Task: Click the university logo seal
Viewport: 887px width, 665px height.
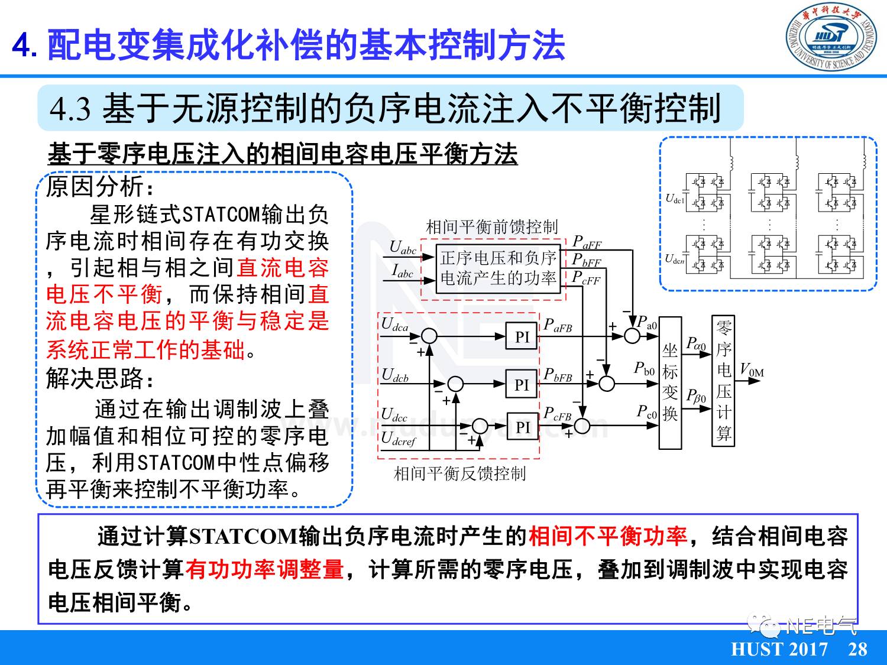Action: coord(831,39)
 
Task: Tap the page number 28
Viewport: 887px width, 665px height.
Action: coord(857,649)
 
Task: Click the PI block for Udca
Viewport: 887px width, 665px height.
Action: coord(522,337)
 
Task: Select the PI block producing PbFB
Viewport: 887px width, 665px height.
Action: coord(522,385)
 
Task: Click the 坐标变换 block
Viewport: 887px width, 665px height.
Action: coord(670,382)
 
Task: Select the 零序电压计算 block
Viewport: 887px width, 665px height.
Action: coord(724,380)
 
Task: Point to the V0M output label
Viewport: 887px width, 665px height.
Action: coord(752,371)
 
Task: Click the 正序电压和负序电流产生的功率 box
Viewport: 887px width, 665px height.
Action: coord(498,268)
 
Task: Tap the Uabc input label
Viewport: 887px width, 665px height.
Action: coord(403,247)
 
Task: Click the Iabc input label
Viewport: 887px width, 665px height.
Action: coord(403,271)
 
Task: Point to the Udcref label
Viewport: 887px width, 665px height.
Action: coord(399,439)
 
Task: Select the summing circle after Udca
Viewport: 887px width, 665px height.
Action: coord(429,336)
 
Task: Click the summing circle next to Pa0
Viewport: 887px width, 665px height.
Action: coord(632,336)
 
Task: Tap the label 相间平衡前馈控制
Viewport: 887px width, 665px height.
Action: coord(491,227)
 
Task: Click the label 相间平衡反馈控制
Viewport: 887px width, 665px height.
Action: coord(459,473)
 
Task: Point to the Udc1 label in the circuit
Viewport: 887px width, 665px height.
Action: coord(675,199)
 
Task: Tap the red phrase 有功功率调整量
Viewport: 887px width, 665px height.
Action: coord(264,569)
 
